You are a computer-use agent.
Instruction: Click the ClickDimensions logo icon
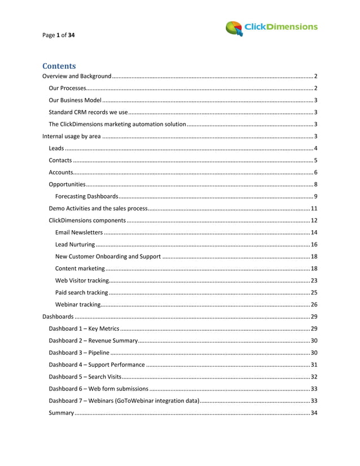pyautogui.click(x=234, y=28)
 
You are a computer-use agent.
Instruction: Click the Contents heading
pyautogui.click(x=59, y=66)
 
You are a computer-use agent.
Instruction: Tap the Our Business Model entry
pyautogui.click(x=75, y=100)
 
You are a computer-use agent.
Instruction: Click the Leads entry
pyautogui.click(x=56, y=148)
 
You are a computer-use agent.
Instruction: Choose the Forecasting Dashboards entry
pyautogui.click(x=86, y=196)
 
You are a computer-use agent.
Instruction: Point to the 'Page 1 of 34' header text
pyautogui.click(x=59, y=35)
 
